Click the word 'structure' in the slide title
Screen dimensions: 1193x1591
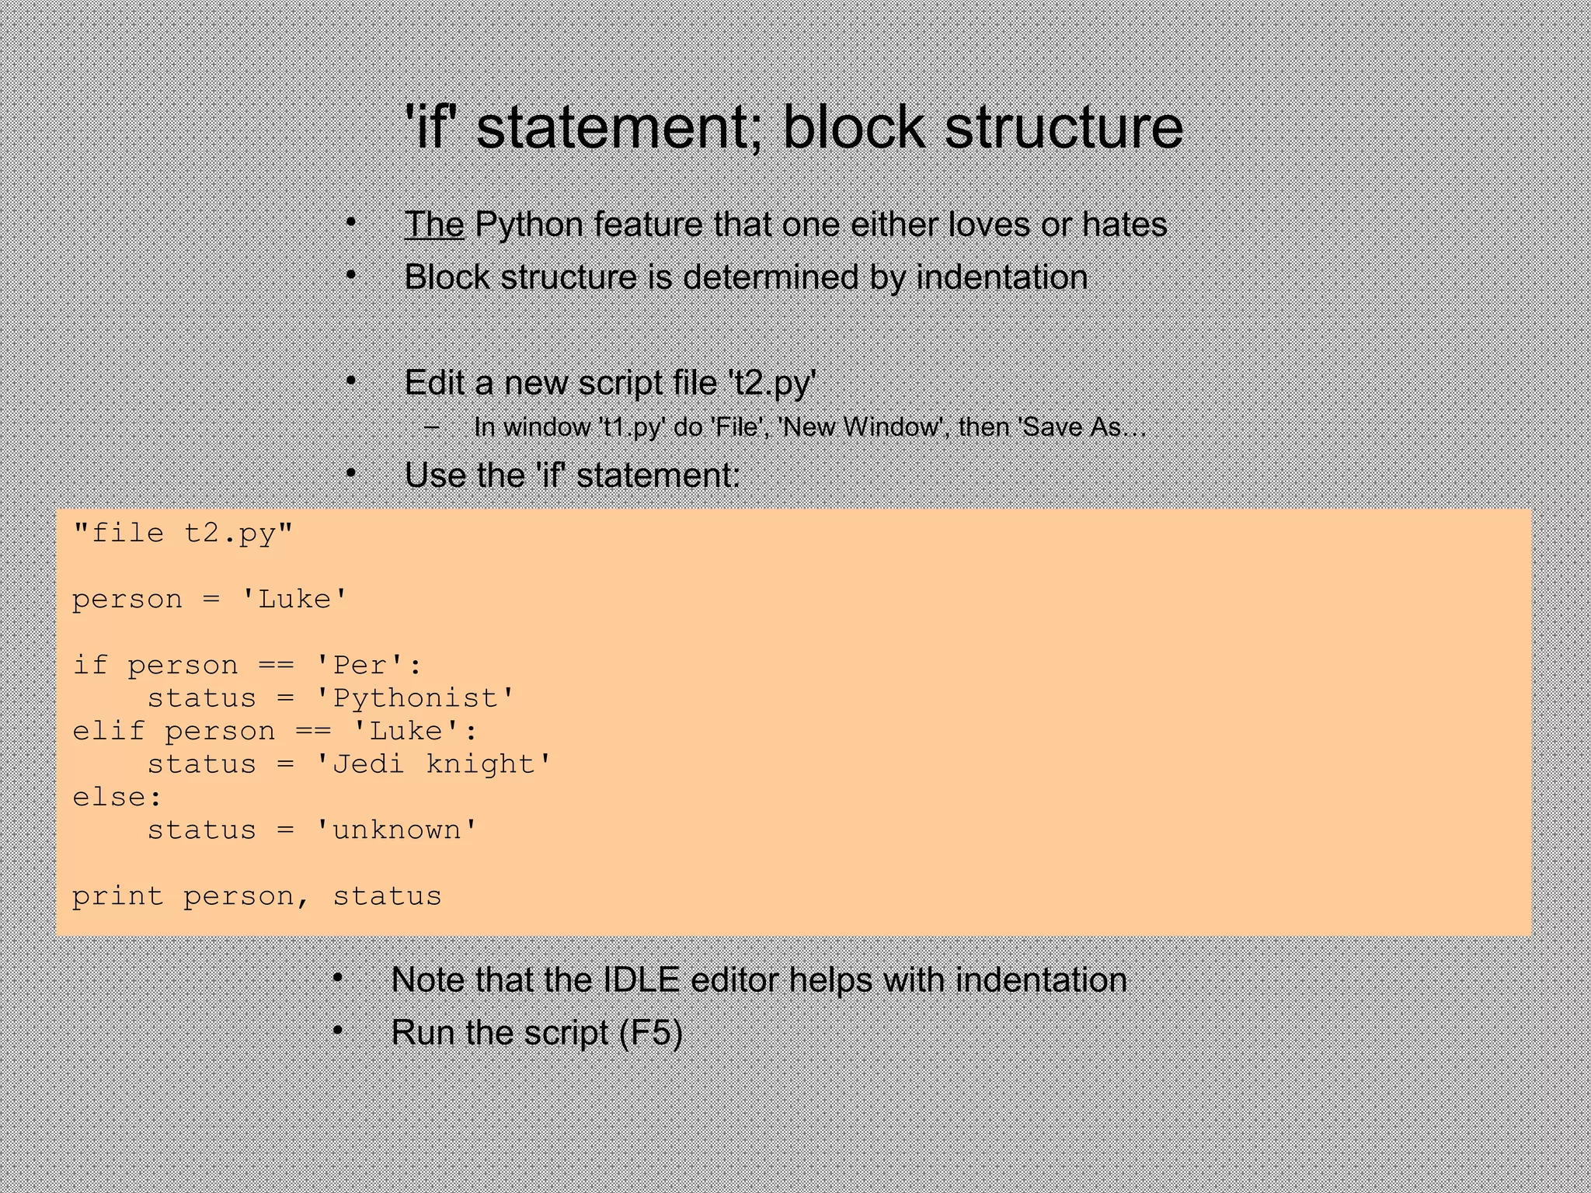[x=1064, y=127]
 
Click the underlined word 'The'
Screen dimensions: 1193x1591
[x=434, y=224]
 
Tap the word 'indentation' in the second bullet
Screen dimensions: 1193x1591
[x=1002, y=277]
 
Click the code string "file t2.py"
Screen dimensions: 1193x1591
[x=183, y=534]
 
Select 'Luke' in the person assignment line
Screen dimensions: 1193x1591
[x=294, y=600]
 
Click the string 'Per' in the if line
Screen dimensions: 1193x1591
[x=361, y=666]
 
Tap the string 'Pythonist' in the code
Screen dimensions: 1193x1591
[x=416, y=698]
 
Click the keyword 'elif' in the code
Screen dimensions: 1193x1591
[x=109, y=732]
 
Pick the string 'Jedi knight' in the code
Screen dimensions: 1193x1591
[x=434, y=764]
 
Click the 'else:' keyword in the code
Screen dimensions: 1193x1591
[x=117, y=798]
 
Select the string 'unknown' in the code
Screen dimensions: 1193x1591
[x=397, y=830]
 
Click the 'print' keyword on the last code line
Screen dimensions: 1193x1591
[x=117, y=896]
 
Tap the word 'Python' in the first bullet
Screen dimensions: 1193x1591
[x=528, y=224]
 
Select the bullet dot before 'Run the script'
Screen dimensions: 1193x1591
[x=338, y=1031]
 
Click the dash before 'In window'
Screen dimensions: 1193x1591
[x=433, y=426]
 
